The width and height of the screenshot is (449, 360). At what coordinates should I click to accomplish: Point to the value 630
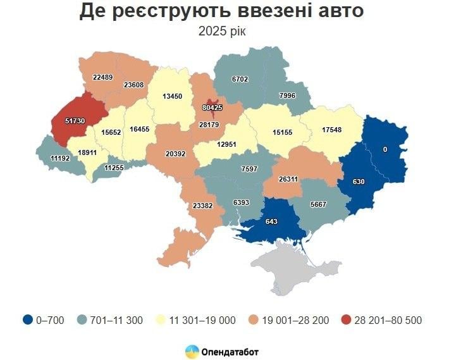(359, 182)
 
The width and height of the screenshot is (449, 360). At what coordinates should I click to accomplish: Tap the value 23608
(133, 84)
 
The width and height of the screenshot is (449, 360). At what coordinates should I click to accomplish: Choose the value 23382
(203, 206)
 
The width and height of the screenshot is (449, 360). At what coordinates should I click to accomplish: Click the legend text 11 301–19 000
(202, 320)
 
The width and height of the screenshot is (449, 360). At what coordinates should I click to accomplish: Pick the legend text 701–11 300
(119, 320)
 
